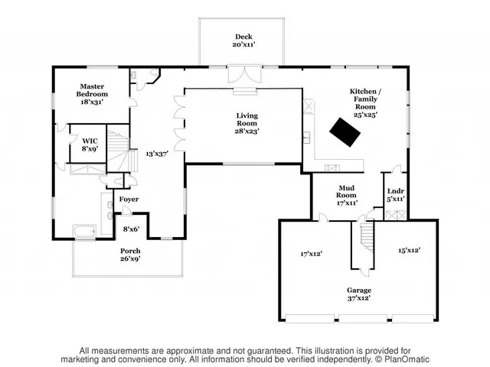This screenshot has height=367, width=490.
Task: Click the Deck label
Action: click(x=243, y=41)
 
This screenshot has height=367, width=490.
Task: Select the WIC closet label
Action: click(x=90, y=144)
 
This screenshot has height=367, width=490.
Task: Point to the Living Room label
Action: click(x=247, y=122)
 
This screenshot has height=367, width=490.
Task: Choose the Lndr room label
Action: click(x=395, y=195)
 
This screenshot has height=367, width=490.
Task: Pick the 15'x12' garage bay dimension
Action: click(x=409, y=250)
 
